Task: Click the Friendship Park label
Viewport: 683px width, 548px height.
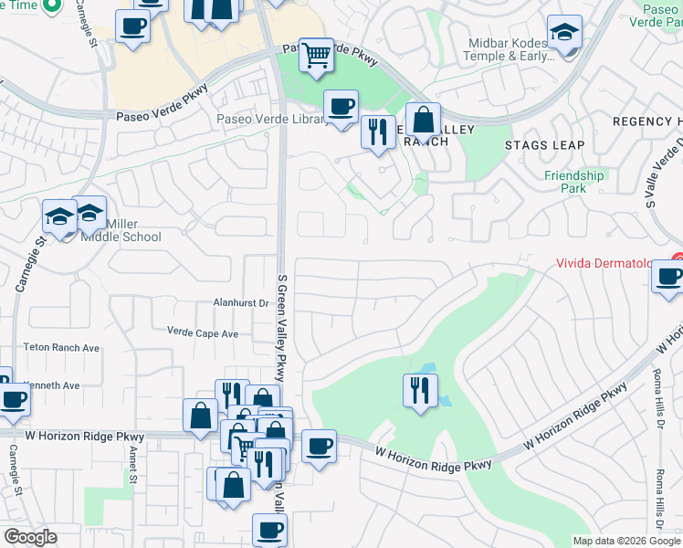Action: [574, 182]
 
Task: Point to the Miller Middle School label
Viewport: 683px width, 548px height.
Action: [121, 231]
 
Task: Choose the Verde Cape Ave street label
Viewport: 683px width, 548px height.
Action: [202, 333]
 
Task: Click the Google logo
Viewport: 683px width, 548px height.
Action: [30, 537]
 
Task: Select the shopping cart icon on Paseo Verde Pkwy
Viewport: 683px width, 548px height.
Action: [316, 54]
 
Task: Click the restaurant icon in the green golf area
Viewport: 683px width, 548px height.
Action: [419, 390]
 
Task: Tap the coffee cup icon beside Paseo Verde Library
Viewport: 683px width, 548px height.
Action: [341, 106]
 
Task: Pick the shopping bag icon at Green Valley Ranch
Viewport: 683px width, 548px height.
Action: [424, 120]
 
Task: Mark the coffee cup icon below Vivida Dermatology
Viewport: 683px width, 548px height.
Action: [669, 276]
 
